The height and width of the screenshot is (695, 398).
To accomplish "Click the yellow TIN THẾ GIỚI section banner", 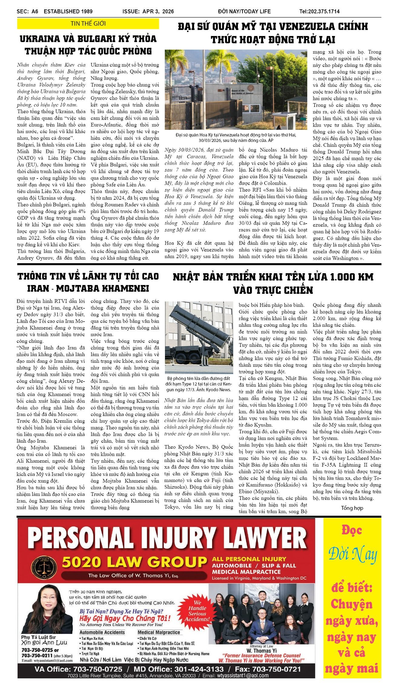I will point(88,24).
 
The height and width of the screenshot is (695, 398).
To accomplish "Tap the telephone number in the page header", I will point(319,11).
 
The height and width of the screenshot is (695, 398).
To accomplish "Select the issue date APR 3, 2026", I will point(148,11).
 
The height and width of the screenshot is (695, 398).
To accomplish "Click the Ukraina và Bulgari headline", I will point(88,45).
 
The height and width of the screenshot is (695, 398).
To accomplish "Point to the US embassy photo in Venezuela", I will point(236,90).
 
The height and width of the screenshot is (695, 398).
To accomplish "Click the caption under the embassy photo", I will point(236,137).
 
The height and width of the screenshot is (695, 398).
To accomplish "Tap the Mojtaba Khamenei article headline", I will point(88,282).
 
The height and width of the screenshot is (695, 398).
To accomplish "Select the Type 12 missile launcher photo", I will point(199,337).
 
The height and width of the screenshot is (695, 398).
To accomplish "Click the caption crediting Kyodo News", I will point(199,384).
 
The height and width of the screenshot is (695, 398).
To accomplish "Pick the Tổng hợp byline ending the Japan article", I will point(352,508).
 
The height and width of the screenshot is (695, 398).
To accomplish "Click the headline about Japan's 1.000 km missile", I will point(273,283).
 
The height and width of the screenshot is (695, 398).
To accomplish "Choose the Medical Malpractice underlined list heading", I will point(159,632).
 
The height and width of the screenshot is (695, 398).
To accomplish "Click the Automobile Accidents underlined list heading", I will point(102,632).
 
